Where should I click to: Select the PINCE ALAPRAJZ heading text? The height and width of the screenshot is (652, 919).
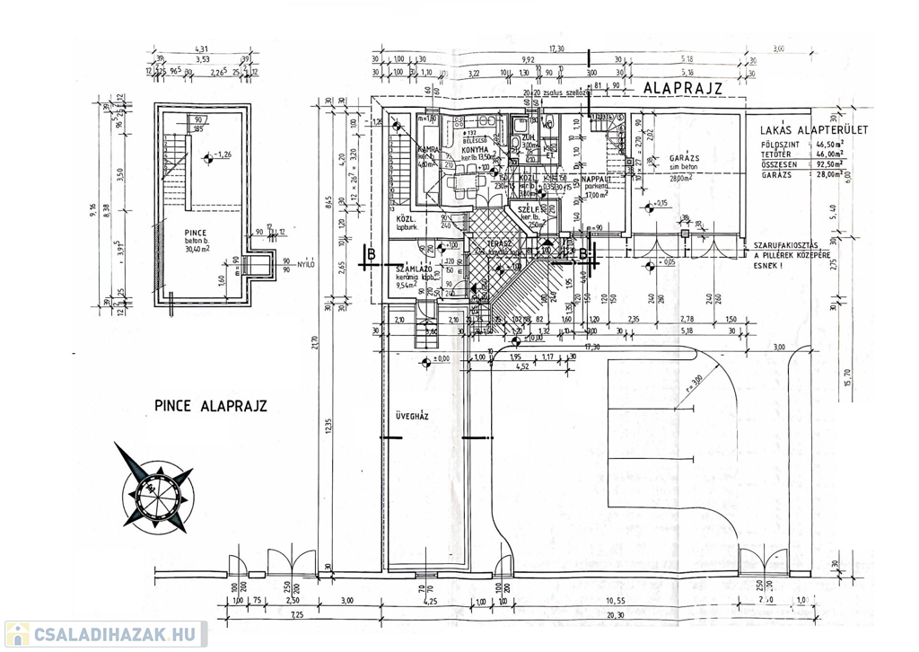pos(210,407)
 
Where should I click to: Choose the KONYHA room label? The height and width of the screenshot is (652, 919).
pos(475,149)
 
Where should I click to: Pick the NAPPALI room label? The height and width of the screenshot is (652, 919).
pos(597,180)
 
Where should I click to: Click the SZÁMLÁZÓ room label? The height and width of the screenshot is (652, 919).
pos(415,269)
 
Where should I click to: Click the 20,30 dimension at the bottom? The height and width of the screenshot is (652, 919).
pos(616,614)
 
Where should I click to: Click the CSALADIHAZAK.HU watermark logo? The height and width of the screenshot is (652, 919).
pos(105,634)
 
